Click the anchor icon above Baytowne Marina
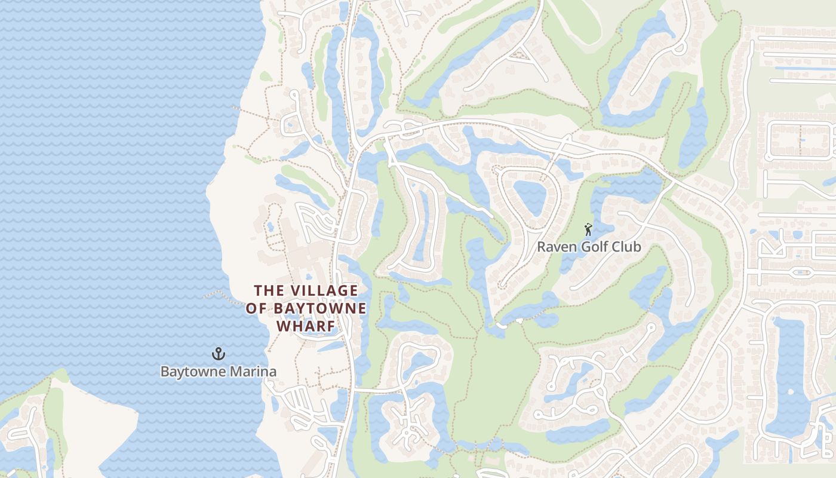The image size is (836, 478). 219,354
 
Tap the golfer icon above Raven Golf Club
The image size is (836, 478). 588,229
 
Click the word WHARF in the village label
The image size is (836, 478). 305,326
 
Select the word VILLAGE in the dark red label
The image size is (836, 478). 324,291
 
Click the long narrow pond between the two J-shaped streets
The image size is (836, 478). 423,227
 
